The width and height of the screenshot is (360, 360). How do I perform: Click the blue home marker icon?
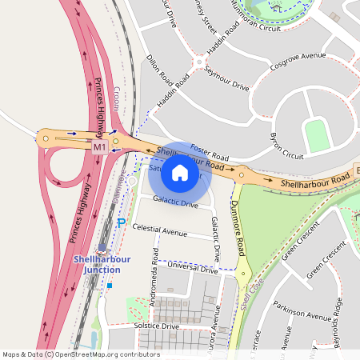180,172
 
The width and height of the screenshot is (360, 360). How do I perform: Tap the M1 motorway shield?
100,148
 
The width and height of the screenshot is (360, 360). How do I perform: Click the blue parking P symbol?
122,222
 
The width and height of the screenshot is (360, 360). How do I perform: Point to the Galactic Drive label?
175,203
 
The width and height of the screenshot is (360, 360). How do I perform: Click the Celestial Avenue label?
160,230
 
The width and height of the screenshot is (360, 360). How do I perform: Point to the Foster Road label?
211,152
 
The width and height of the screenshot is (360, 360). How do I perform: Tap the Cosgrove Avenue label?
298,62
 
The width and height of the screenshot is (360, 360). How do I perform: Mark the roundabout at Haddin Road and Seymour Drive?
198,62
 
